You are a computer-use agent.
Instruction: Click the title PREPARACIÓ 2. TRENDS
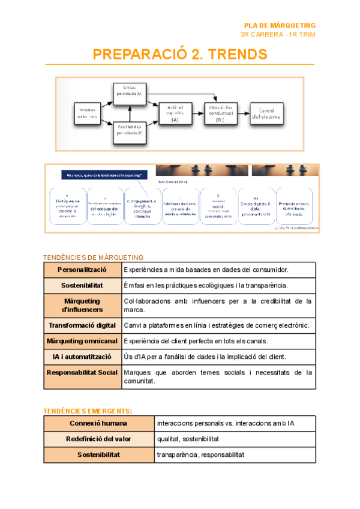(180, 54)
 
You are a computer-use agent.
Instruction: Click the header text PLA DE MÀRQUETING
(280, 25)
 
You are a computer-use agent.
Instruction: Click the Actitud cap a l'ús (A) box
(175, 112)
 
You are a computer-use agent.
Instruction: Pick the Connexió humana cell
(99, 424)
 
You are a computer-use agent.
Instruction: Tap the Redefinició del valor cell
(99, 439)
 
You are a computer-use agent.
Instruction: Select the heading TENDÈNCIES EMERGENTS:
(88, 411)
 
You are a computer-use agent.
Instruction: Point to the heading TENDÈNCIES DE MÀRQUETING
(93, 258)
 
